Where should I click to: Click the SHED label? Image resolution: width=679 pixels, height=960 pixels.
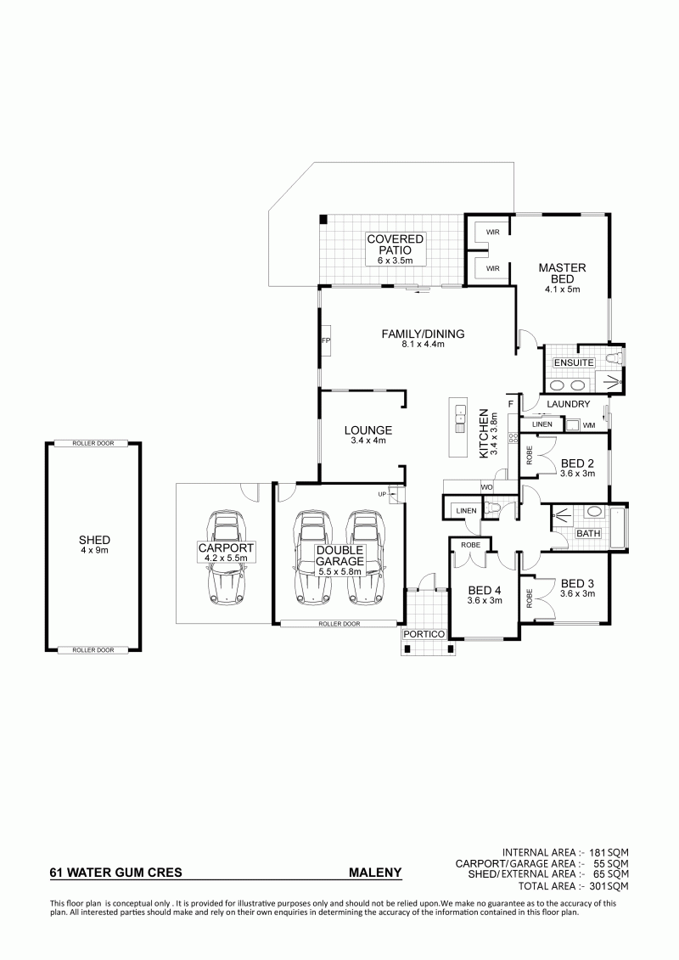click(x=94, y=540)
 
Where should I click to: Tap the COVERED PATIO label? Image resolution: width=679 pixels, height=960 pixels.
click(x=396, y=244)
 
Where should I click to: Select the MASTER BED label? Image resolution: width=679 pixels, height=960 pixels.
click(x=562, y=273)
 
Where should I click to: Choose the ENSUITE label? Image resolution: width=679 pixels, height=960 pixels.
click(x=574, y=362)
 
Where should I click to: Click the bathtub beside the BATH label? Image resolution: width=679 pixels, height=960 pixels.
click(x=618, y=527)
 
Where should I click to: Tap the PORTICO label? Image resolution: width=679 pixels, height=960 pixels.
click(x=424, y=634)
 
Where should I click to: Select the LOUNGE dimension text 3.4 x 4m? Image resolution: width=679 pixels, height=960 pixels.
click(x=368, y=441)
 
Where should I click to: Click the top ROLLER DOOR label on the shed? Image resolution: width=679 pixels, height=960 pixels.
click(x=93, y=443)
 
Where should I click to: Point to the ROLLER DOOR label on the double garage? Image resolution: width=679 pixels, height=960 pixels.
click(x=339, y=624)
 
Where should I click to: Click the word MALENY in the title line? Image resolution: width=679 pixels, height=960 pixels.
click(x=375, y=873)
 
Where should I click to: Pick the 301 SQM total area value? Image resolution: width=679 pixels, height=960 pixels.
click(x=609, y=886)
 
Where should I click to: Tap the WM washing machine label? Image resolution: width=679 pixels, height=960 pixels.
click(x=588, y=425)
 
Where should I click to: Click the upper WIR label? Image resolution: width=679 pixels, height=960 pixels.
click(x=493, y=232)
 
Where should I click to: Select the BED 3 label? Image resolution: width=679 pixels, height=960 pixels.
click(x=577, y=583)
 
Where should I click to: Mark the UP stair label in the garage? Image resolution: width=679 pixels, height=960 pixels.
click(x=382, y=494)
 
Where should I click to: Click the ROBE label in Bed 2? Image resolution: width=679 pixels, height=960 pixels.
click(x=529, y=456)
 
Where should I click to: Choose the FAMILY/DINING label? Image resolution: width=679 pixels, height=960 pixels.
click(x=423, y=334)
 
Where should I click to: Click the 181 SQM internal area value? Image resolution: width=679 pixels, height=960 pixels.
click(x=609, y=852)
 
